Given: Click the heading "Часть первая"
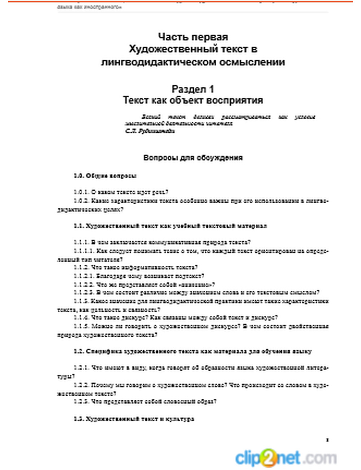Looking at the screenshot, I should pyautogui.click(x=193, y=37).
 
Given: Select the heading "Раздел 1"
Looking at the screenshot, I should pyautogui.click(x=193, y=89).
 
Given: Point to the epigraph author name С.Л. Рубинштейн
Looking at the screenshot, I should pyautogui.click(x=150, y=131).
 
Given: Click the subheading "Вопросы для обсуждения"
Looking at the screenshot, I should pyautogui.click(x=193, y=158).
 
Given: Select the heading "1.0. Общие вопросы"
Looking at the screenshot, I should pyautogui.click(x=105, y=176).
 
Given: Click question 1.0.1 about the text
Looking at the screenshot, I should pyautogui.click(x=121, y=192).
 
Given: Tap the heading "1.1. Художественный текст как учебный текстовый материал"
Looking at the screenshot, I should pyautogui.click(x=170, y=226).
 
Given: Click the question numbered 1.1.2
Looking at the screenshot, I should pyautogui.click(x=135, y=268).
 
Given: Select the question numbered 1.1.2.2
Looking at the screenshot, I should pyautogui.click(x=144, y=285).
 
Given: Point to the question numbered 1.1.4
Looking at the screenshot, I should pyautogui.click(x=175, y=318).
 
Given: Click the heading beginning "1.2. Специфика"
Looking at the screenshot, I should pyautogui.click(x=193, y=351).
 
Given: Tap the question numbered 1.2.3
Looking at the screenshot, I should pyautogui.click(x=145, y=401).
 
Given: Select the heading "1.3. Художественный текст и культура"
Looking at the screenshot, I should pyautogui.click(x=134, y=419).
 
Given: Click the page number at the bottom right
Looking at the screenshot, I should pyautogui.click(x=327, y=440).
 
